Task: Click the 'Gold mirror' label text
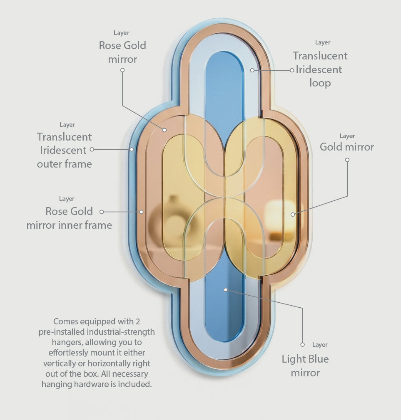346,147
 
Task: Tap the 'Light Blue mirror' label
305,366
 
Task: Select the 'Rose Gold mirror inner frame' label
69,218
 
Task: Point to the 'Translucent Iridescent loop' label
320,69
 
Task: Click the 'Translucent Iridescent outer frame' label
65,150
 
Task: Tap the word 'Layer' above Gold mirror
347,136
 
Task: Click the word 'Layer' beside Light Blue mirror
320,345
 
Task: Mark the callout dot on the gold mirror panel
293,214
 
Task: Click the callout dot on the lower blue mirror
226,290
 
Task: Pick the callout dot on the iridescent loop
252,70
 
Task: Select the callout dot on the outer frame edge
132,149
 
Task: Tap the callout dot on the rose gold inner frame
141,212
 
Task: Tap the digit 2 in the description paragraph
137,321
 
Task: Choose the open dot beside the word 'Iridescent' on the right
292,70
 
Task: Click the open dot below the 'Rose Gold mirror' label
122,70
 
